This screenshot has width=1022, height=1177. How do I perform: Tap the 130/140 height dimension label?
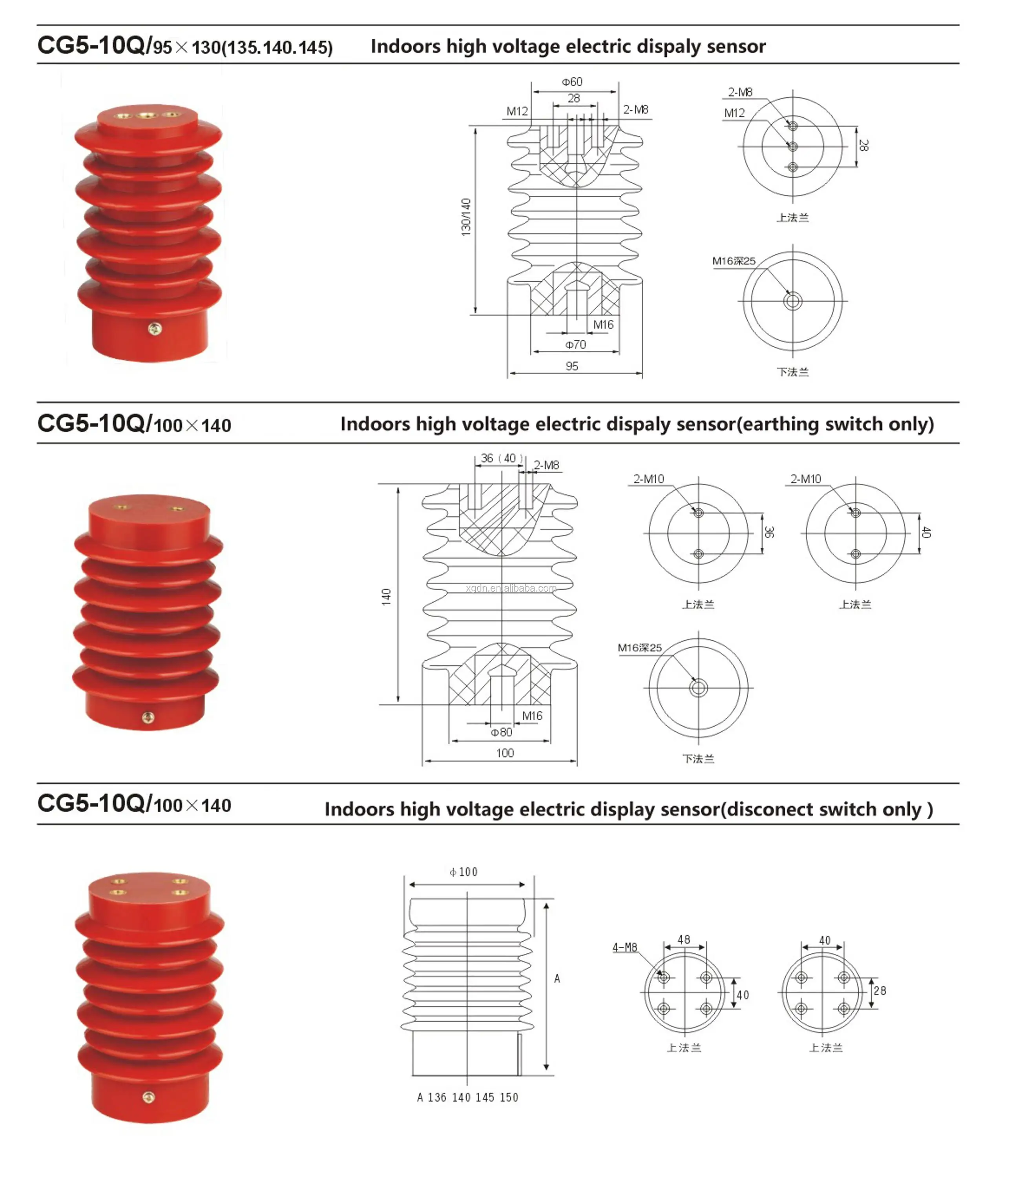tap(466, 217)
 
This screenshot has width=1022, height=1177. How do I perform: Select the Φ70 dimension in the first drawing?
tap(575, 344)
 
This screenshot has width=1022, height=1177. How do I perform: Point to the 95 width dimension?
tap(572, 366)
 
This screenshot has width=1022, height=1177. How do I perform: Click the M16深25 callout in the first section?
tap(734, 261)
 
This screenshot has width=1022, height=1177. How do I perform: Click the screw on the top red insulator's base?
tap(155, 329)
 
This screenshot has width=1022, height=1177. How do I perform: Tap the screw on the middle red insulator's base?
tap(148, 718)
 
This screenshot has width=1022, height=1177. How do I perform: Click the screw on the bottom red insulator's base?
tap(148, 1097)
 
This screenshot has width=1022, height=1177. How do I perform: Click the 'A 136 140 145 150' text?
tap(468, 1097)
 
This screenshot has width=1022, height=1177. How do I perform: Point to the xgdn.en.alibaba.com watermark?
tap(511, 588)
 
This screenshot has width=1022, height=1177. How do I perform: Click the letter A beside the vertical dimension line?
tap(557, 978)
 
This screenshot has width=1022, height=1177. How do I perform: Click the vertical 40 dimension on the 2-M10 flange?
tap(926, 532)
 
